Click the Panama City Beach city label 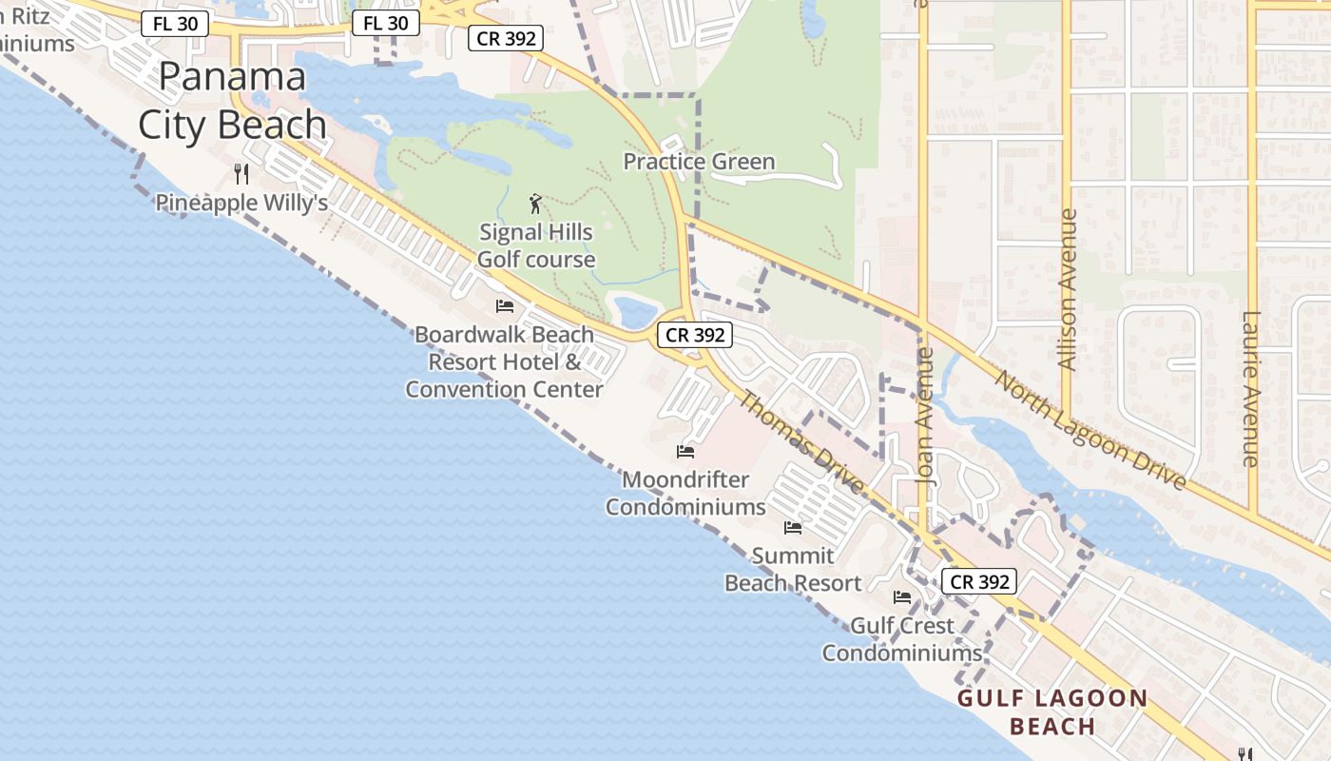pos(232,100)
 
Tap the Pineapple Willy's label pos(241,203)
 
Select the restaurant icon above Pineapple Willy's pos(241,173)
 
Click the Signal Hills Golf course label pos(536,245)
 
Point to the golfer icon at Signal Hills pos(535,203)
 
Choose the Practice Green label pos(699,162)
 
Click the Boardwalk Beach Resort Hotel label pos(504,361)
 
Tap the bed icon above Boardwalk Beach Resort pos(505,305)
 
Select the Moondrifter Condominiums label pos(685,493)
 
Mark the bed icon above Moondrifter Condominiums pos(685,451)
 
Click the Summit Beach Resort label pos(793,569)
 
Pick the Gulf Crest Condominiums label pos(901,639)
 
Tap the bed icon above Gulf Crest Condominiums pos(901,597)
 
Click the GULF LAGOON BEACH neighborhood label pos(1052,712)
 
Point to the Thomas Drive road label pos(801,443)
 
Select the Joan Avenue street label pos(925,417)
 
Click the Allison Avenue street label pos(1068,289)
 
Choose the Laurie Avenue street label pos(1250,389)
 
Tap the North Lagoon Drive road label pos(1090,430)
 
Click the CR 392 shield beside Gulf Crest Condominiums pos(979,581)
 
